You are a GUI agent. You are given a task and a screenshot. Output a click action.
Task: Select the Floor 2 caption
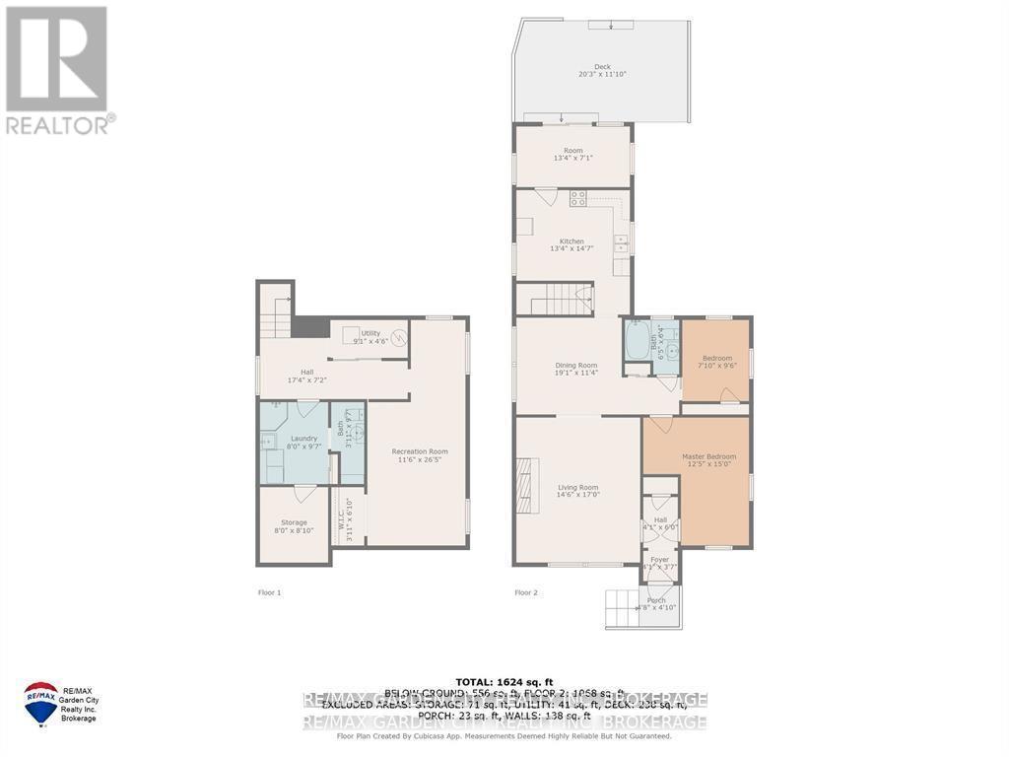point(525,592)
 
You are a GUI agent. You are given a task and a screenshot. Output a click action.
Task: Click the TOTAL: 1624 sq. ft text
point(504,682)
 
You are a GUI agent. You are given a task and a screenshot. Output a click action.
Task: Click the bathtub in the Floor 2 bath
point(637,344)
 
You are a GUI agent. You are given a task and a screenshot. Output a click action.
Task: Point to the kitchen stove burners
point(577,197)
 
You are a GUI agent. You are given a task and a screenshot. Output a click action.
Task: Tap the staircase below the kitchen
point(555,298)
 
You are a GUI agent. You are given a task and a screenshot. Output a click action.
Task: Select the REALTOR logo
point(57,69)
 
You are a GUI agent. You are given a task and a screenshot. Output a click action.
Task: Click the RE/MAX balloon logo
point(41,700)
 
